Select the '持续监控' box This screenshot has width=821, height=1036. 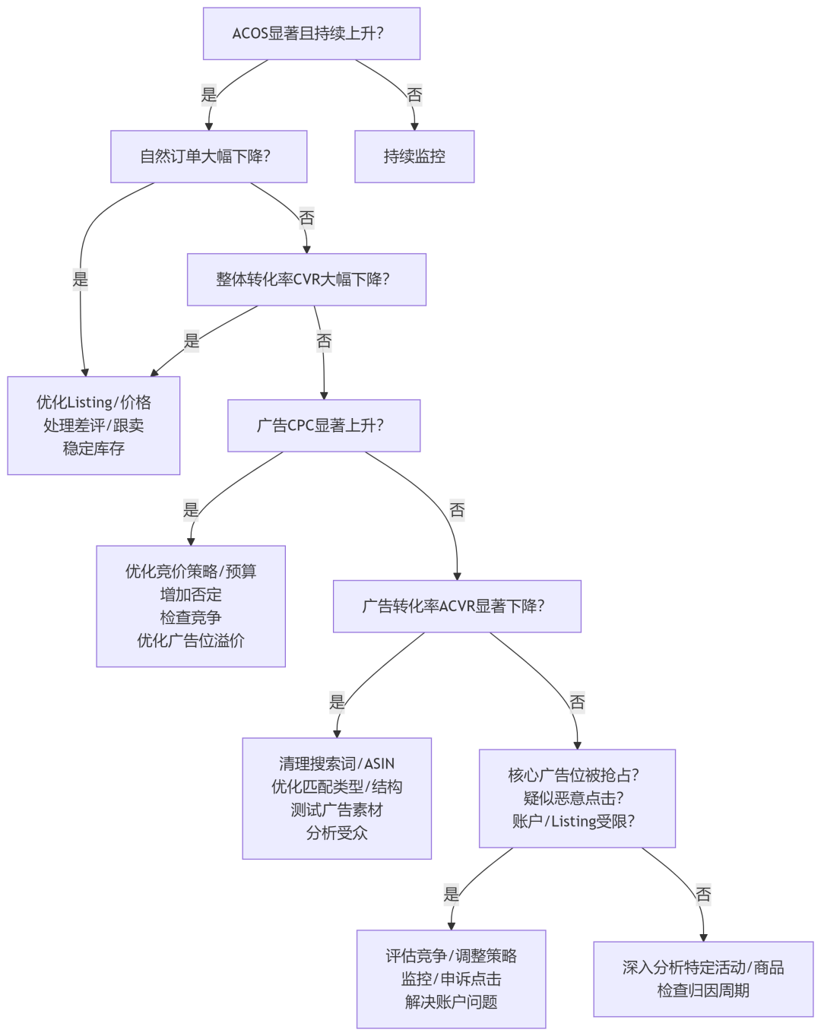(x=414, y=157)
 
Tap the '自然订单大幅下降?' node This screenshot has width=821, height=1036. (x=208, y=157)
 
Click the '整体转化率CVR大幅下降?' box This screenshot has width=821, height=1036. (x=306, y=280)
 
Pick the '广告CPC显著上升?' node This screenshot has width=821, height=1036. (x=324, y=426)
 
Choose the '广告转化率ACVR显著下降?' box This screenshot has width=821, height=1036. (x=457, y=607)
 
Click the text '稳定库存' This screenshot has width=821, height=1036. (x=94, y=448)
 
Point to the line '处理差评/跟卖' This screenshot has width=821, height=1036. (x=94, y=426)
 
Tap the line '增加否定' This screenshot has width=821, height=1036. (x=191, y=594)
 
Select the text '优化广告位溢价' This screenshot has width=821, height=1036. (x=191, y=641)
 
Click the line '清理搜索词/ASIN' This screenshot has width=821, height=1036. (x=337, y=764)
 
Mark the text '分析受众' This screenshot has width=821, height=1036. (x=337, y=833)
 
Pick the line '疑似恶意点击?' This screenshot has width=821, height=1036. (x=577, y=798)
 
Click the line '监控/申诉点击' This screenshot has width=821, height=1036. (x=452, y=979)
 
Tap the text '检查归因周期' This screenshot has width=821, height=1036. (x=703, y=990)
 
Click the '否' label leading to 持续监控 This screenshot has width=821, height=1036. (x=414, y=95)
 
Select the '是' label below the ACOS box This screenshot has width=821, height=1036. (x=209, y=95)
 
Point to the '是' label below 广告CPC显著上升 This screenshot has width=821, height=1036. (x=191, y=510)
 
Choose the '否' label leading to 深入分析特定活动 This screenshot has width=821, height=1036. (x=703, y=895)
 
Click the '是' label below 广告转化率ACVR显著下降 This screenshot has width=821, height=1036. (x=337, y=702)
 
